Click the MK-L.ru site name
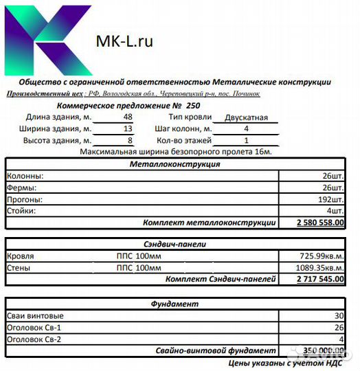(x=124, y=41)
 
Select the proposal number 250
(x=193, y=106)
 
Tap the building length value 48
(x=128, y=117)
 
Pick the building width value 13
(x=128, y=129)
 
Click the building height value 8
(x=128, y=141)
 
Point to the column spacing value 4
(x=246, y=129)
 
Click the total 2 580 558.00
(x=320, y=223)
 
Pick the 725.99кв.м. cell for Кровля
(x=317, y=256)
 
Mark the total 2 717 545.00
(x=320, y=280)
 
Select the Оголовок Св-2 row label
(x=34, y=339)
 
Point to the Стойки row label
(x=21, y=211)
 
